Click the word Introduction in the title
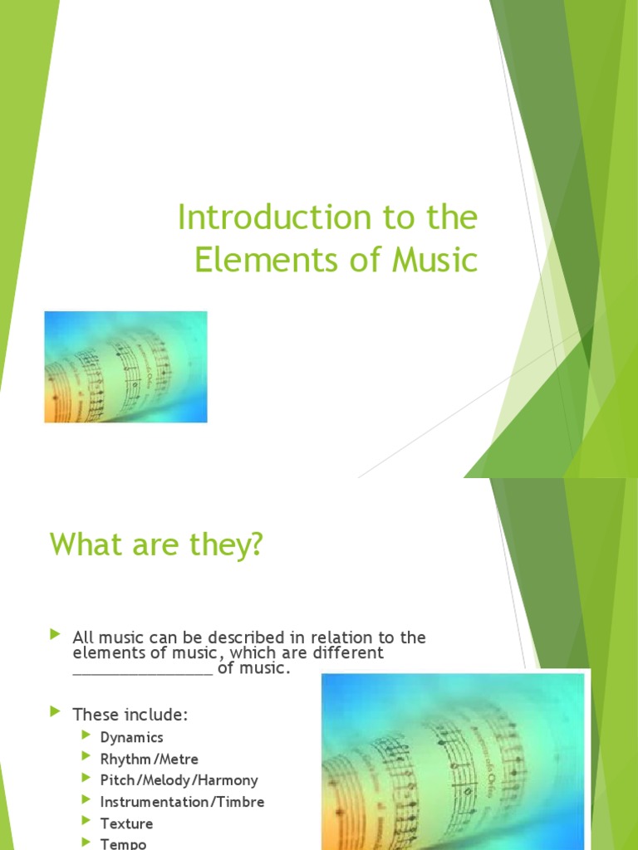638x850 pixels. click(258, 218)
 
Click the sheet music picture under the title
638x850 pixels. click(125, 367)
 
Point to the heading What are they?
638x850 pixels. click(156, 545)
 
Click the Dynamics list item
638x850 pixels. click(131, 737)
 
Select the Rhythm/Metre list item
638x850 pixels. click(150, 759)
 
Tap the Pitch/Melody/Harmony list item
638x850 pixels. click(179, 780)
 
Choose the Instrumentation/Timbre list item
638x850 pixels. click(182, 802)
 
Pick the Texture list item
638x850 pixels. click(126, 823)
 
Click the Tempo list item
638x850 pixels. click(123, 843)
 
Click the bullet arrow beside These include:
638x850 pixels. click(56, 712)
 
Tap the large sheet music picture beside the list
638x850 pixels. click(453, 760)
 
